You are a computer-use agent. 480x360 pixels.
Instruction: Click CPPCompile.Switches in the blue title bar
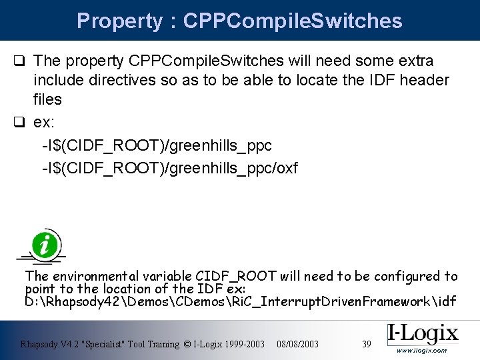(293, 21)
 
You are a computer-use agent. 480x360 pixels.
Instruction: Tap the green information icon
(45, 245)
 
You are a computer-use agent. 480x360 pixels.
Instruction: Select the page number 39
(366, 344)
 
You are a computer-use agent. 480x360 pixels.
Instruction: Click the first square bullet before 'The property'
(21, 61)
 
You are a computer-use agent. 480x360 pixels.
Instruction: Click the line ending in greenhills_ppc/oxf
(169, 168)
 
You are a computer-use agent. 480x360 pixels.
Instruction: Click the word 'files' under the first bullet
(47, 99)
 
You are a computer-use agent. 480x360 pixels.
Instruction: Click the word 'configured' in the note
(405, 276)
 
